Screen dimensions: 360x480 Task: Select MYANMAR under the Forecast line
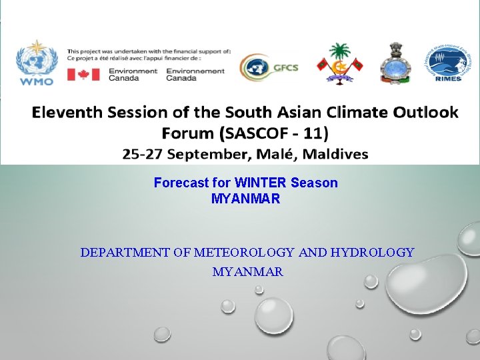(245, 199)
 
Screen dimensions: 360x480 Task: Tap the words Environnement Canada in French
(195, 74)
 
